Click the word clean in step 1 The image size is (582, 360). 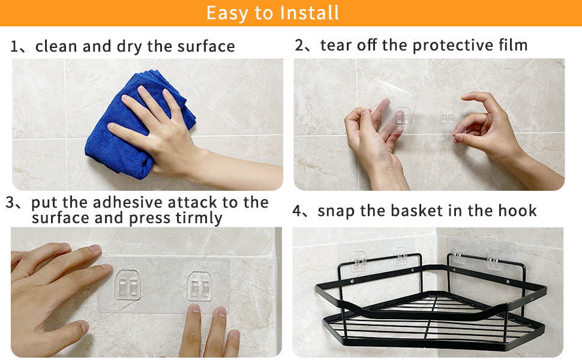(57, 46)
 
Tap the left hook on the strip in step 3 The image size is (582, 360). (128, 286)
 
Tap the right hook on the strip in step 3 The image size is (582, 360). (200, 287)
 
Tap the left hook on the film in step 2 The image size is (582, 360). (403, 116)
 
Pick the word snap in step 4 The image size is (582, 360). (336, 211)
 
